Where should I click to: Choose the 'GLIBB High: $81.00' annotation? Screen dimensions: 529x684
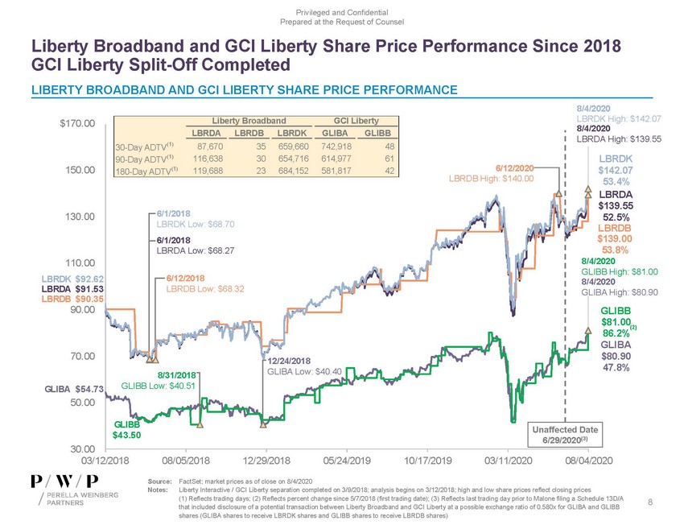click(x=620, y=271)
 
